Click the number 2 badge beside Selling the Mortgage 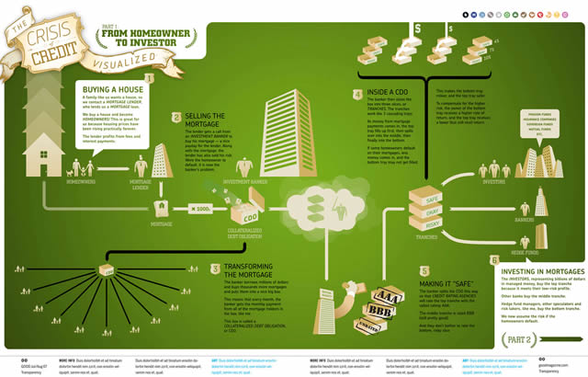162,117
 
